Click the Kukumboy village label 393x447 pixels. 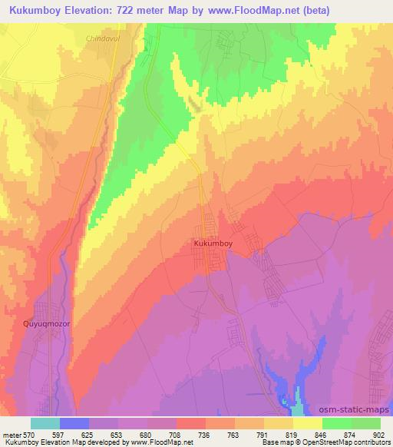213,243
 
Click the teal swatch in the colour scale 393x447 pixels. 45,423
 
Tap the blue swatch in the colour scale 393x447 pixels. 74,423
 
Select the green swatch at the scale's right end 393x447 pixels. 366,423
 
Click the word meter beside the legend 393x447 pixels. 12,435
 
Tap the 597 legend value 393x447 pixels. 60,435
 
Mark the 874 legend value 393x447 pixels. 352,435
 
